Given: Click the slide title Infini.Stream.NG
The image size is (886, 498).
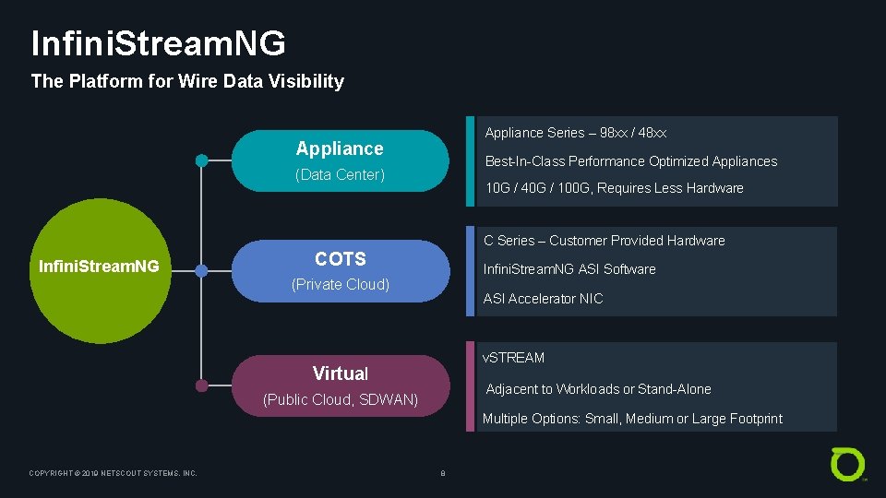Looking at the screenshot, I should [x=158, y=43].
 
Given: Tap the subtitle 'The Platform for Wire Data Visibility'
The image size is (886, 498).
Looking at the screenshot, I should [x=187, y=81].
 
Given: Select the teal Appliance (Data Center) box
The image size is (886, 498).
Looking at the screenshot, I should [x=340, y=160].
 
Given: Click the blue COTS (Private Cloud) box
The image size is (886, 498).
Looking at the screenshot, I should [x=340, y=271].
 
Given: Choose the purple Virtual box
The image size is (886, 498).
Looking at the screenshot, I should [x=340, y=385].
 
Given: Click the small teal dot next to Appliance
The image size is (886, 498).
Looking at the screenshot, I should [x=201, y=160].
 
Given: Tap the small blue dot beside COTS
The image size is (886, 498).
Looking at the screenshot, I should [x=201, y=271].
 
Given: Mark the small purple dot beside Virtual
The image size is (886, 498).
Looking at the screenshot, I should [x=201, y=385].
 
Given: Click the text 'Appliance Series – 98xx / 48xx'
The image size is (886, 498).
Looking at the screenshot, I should [x=576, y=133].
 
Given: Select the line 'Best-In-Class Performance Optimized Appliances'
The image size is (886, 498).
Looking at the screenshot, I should [x=631, y=161].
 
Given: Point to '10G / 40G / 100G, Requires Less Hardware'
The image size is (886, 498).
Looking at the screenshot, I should [x=614, y=188].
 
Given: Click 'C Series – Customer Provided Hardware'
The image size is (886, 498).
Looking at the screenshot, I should [x=605, y=241].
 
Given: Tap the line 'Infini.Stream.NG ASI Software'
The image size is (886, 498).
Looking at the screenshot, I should [x=569, y=269].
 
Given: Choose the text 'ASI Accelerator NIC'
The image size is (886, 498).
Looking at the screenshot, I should [x=543, y=299].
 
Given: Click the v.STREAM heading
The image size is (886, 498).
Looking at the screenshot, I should [x=514, y=358].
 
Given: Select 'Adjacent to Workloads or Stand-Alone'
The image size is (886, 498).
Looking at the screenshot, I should [x=598, y=389].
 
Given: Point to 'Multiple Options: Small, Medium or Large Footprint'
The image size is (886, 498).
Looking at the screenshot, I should [x=632, y=419].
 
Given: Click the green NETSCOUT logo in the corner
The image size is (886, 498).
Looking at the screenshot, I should [x=847, y=463].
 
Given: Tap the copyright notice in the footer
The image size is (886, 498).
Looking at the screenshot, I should [x=114, y=473].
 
